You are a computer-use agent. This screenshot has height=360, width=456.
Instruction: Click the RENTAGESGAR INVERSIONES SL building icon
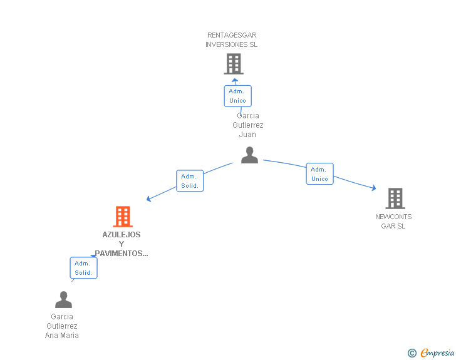pyautogui.click(x=233, y=64)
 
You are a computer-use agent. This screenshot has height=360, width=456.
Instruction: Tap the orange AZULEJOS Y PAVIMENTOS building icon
pyautogui.click(x=123, y=217)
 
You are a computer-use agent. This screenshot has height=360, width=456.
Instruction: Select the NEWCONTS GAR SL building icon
pyautogui.click(x=395, y=198)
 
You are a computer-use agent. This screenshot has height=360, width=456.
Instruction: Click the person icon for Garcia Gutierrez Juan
pyautogui.click(x=249, y=155)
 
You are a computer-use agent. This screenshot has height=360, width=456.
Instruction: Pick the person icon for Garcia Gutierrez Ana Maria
pyautogui.click(x=63, y=300)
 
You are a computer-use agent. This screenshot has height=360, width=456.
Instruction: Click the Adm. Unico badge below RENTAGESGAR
pyautogui.click(x=237, y=96)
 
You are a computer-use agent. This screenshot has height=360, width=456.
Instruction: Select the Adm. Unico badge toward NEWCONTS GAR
pyautogui.click(x=319, y=174)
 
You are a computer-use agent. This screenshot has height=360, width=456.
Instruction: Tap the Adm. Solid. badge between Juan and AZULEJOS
pyautogui.click(x=189, y=181)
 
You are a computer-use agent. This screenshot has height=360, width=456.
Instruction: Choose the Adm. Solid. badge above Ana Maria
pyautogui.click(x=83, y=268)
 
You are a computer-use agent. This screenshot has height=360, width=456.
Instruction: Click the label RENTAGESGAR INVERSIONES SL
pyautogui.click(x=232, y=40)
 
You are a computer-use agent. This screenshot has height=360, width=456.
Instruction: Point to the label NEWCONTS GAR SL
pyautogui.click(x=393, y=222)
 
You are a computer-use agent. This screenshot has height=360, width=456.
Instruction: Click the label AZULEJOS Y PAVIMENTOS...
pyautogui.click(x=122, y=244)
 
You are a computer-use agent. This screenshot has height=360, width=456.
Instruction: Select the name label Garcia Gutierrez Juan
pyautogui.click(x=248, y=125)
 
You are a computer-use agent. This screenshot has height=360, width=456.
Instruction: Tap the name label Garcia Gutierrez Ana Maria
pyautogui.click(x=62, y=326)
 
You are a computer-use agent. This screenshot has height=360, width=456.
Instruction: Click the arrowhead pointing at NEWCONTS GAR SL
pyautogui.click(x=373, y=188)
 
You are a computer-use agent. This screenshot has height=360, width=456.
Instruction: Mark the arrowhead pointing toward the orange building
pyautogui.click(x=149, y=199)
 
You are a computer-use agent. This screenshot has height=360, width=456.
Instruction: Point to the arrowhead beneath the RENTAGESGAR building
pyautogui.click(x=234, y=80)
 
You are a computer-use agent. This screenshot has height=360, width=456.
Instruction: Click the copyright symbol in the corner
pyautogui.click(x=412, y=353)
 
